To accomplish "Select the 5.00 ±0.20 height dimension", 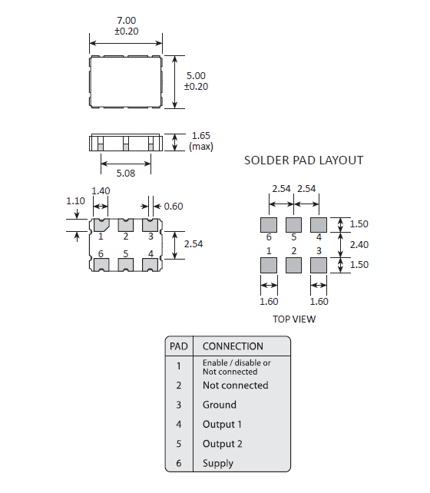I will pos(197,81).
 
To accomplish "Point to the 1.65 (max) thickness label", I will pos(200,141).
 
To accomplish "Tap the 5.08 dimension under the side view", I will pos(125,174).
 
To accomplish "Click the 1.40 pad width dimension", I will pos(101,191).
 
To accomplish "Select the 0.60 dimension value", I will pos(174,206).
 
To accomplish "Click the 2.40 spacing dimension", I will pos(359,244).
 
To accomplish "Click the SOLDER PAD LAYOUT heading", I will pos(303,160).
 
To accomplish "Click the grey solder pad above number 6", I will pos(269,224).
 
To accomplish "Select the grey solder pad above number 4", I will pos(318,224).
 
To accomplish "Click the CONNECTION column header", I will pos(233,346).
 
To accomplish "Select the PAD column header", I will pos(178,346).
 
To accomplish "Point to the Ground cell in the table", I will pos(220,405).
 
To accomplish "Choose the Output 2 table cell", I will pos(222,444).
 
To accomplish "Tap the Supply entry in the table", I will pos(217,463).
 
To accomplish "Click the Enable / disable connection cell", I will pos(236,366).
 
